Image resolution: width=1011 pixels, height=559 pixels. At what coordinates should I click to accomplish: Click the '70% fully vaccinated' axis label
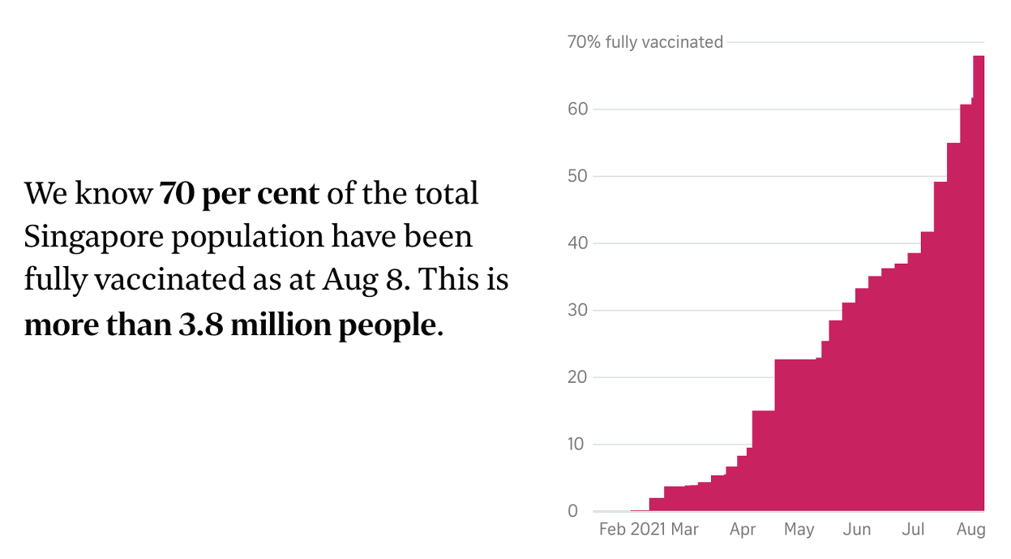tap(645, 42)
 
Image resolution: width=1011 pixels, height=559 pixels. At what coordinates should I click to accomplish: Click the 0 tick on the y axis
tap(573, 511)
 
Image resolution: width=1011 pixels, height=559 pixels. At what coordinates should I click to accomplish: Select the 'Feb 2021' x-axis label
tap(632, 530)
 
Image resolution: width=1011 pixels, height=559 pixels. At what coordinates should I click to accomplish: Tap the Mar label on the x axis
tap(685, 530)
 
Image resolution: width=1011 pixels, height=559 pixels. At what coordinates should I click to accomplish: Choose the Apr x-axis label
tap(743, 530)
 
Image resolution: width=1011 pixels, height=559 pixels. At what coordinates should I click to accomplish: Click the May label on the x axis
tap(799, 530)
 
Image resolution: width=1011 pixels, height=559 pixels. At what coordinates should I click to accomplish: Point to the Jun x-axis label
tap(857, 530)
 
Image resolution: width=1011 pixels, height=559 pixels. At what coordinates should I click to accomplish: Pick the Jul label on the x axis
tap(914, 530)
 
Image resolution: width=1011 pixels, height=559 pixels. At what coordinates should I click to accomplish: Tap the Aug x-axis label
tap(971, 530)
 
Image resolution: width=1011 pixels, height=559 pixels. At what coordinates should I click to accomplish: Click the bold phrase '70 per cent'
tap(239, 194)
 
